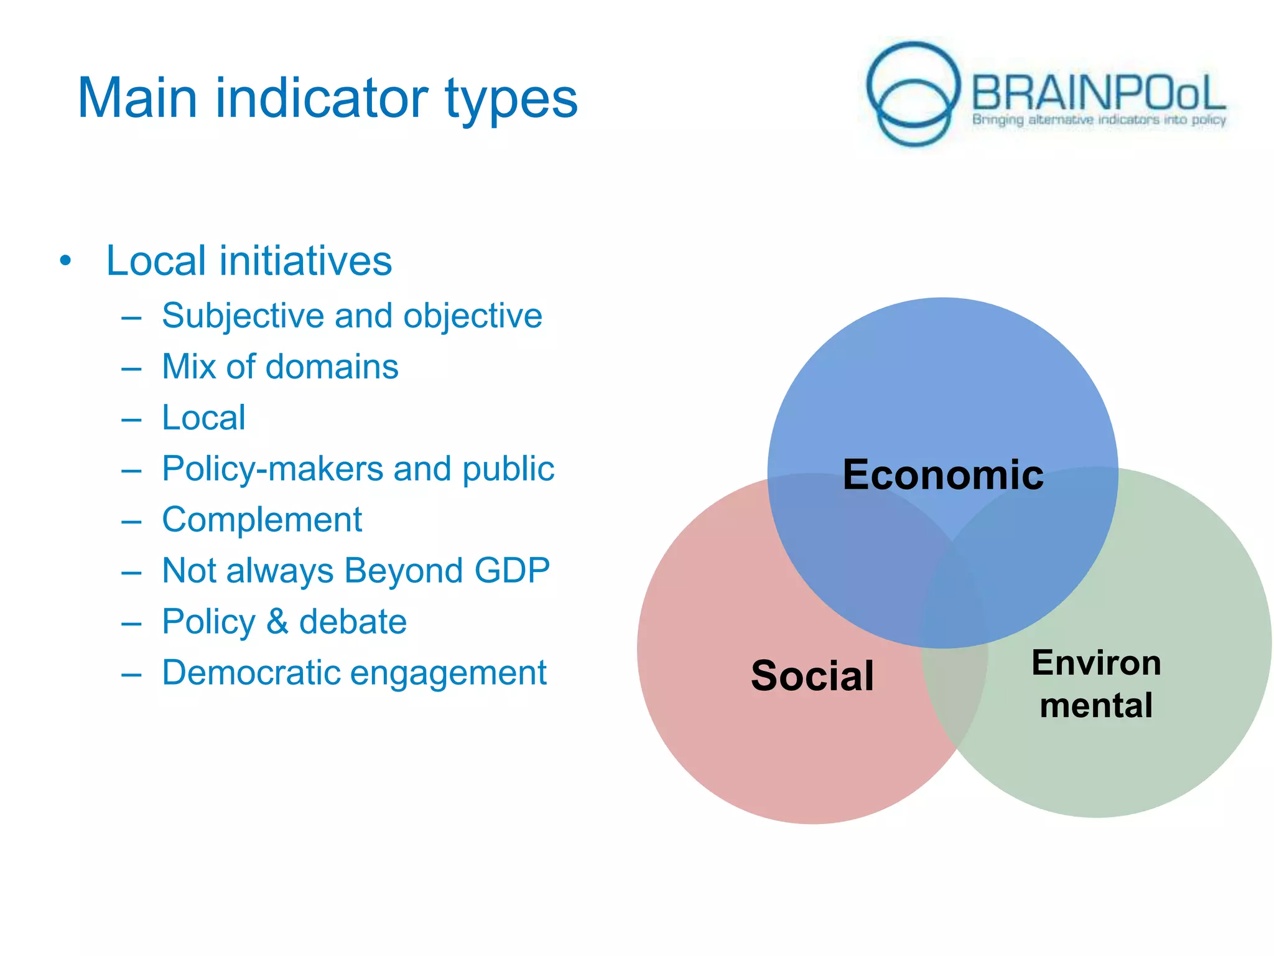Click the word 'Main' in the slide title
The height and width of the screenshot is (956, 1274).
(137, 98)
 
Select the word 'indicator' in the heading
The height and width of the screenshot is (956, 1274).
(322, 98)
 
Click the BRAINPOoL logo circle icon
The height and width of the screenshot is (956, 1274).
(913, 93)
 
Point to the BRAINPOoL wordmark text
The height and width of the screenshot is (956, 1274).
(1098, 93)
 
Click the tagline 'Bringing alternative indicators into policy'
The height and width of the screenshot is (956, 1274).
(1099, 119)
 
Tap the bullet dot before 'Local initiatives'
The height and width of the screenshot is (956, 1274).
(66, 261)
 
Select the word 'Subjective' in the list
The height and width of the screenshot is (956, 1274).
(243, 316)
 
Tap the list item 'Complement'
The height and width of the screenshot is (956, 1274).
(262, 520)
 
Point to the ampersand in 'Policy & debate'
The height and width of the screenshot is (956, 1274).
(277, 622)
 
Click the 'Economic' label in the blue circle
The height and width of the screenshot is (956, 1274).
(943, 475)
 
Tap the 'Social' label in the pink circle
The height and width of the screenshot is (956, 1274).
(812, 676)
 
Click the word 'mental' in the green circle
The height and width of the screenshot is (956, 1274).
(1096, 706)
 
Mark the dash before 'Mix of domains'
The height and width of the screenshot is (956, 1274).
(132, 368)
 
